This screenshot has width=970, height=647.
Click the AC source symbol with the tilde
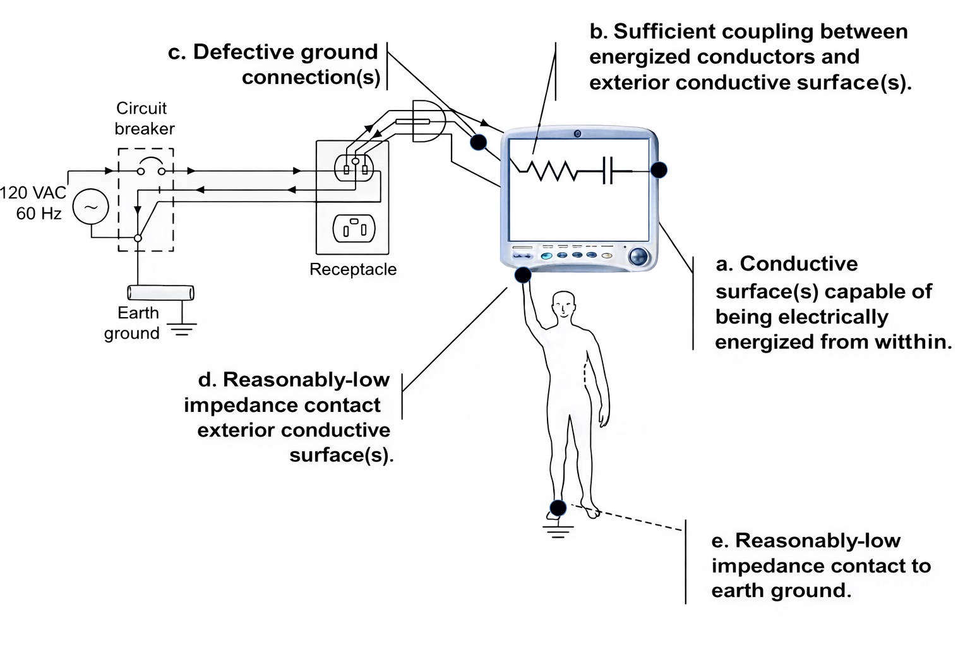pyautogui.click(x=91, y=207)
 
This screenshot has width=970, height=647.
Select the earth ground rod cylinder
pyautogui.click(x=160, y=293)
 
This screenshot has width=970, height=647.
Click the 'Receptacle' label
pyautogui.click(x=353, y=269)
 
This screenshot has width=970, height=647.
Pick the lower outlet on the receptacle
pyautogui.click(x=354, y=228)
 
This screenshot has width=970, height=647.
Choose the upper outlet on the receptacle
pyautogui.click(x=354, y=167)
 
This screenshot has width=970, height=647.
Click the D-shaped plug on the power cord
pyautogui.click(x=428, y=121)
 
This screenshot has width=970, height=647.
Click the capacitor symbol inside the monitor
pyautogui.click(x=608, y=169)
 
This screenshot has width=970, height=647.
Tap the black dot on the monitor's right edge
pyautogui.click(x=659, y=169)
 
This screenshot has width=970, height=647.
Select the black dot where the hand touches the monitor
pyautogui.click(x=523, y=274)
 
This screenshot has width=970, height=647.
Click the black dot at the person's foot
pyautogui.click(x=558, y=507)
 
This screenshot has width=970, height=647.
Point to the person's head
pyautogui.click(x=563, y=306)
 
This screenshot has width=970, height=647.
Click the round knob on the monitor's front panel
pyautogui.click(x=638, y=256)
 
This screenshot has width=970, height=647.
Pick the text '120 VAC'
pyautogui.click(x=33, y=193)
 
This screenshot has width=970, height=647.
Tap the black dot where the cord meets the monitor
pyautogui.click(x=479, y=142)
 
